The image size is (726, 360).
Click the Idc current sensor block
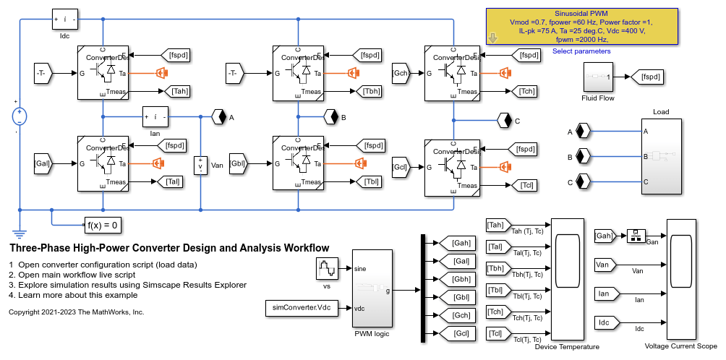[x=64, y=20]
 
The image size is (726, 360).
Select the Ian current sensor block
[x=155, y=116]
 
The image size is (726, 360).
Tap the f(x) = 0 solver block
[x=102, y=225]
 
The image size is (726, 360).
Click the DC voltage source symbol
[x=19, y=116]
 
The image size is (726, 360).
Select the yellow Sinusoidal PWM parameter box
[x=581, y=27]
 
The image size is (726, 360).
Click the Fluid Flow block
[x=597, y=77]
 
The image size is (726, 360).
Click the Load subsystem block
[x=661, y=155]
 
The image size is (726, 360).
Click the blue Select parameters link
[x=581, y=51]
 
